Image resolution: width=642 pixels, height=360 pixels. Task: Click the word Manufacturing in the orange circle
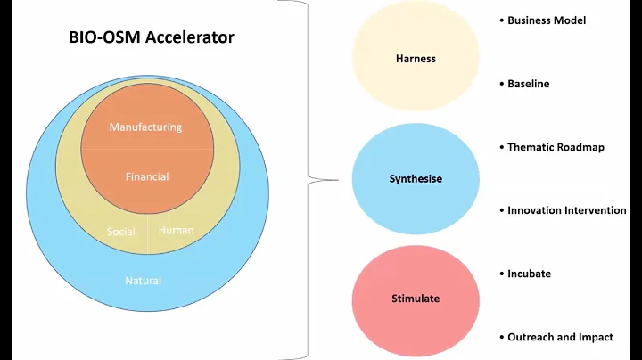145,127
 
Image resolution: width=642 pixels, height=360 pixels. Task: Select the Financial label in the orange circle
147,176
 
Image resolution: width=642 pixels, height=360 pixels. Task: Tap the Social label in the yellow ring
121,232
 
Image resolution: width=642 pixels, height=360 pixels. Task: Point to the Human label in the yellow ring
176,230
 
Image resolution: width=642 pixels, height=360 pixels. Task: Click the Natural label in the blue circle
144,281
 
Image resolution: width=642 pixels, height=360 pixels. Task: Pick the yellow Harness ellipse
416,60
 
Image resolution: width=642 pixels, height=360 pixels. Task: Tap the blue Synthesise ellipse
416,178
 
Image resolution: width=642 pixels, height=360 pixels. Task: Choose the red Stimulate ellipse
416,298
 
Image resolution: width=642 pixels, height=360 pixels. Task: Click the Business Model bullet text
547,20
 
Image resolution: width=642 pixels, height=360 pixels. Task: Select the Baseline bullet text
529,84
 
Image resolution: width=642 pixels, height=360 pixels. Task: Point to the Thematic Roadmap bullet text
556,147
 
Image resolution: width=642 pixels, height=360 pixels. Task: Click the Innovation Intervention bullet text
566,210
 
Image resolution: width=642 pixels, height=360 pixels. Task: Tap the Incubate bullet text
529,274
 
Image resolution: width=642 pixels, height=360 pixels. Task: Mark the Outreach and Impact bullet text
560,338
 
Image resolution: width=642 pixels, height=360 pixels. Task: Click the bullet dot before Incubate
501,274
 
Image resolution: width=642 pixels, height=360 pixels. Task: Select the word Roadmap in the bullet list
580,147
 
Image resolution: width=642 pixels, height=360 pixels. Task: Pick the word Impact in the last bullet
595,338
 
